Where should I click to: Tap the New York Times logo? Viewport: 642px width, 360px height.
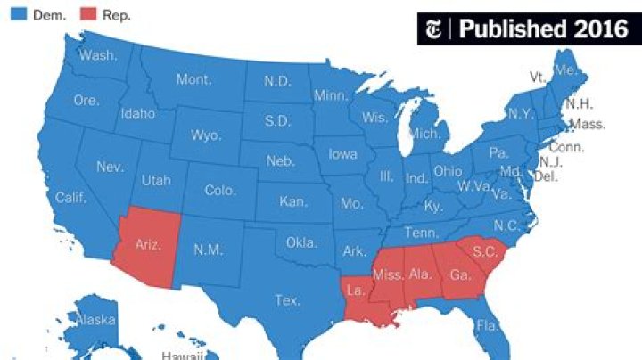coord(437,29)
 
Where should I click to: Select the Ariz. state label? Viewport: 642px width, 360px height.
coord(148,244)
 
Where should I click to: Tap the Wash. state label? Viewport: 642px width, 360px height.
coord(97,55)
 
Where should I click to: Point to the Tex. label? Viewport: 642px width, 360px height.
coord(287,300)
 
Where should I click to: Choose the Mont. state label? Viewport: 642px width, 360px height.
coord(193,79)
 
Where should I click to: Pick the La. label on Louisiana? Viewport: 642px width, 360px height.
coord(354,290)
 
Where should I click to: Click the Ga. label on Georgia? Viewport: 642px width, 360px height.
coord(460,274)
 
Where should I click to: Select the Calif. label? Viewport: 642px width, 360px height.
coord(70,197)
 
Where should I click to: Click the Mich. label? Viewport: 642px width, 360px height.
coord(424,133)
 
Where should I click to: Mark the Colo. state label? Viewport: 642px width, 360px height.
coord(220,190)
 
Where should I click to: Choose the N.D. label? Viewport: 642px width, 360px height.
coord(277,80)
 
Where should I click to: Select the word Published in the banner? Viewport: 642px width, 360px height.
coord(511,29)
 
